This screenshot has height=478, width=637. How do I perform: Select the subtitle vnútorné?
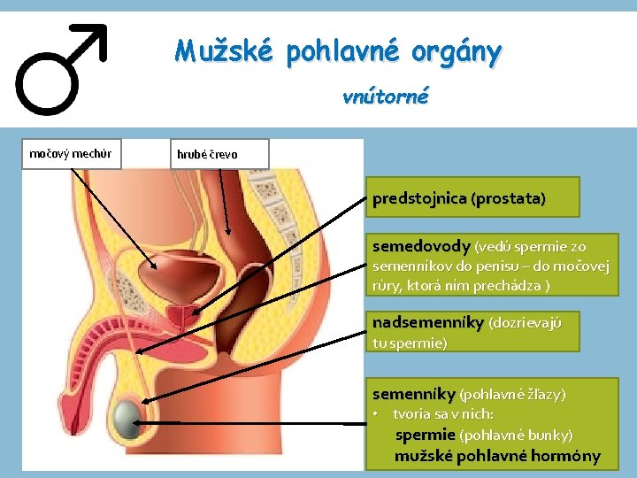[x=385, y=96]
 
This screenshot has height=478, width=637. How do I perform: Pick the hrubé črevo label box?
[x=207, y=154]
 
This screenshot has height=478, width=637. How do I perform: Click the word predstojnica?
[x=419, y=198]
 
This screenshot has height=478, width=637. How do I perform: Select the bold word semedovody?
[x=421, y=246]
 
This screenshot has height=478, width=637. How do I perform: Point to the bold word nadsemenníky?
[x=428, y=321]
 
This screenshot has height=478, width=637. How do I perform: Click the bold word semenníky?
[x=413, y=393]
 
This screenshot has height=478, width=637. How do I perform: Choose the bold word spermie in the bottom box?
[x=426, y=436]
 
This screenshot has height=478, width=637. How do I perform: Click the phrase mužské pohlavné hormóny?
[x=497, y=457]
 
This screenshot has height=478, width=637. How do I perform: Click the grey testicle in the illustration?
[x=132, y=416]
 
